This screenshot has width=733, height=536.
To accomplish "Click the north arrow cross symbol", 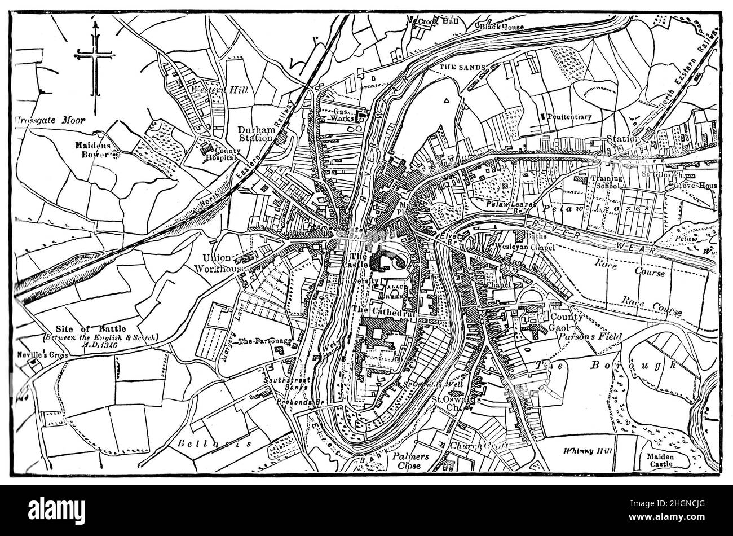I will (x=94, y=55).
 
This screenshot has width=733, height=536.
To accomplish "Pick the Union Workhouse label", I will (x=220, y=263).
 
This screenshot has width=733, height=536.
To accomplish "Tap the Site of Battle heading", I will (x=91, y=328).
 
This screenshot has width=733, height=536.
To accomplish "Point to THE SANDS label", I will (x=462, y=68).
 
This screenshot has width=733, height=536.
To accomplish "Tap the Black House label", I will (x=502, y=27).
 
